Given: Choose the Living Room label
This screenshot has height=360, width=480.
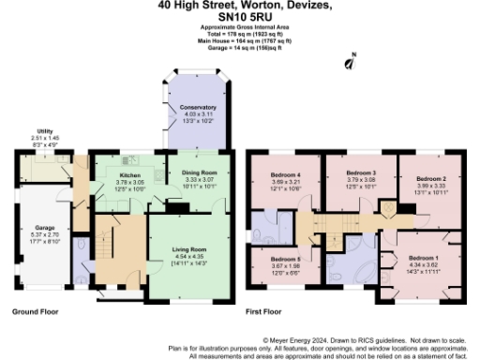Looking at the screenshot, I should pyautogui.click(x=190, y=249).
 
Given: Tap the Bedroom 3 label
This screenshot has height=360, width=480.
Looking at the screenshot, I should pyautogui.click(x=360, y=173).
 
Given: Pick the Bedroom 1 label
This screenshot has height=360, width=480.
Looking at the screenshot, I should pyautogui.click(x=424, y=258).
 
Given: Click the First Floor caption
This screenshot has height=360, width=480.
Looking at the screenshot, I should pyautogui.click(x=262, y=310).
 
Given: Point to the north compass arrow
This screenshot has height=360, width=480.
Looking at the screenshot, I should pyautogui.click(x=350, y=64).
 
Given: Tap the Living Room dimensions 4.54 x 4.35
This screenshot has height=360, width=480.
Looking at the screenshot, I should pyautogui.click(x=190, y=256).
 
